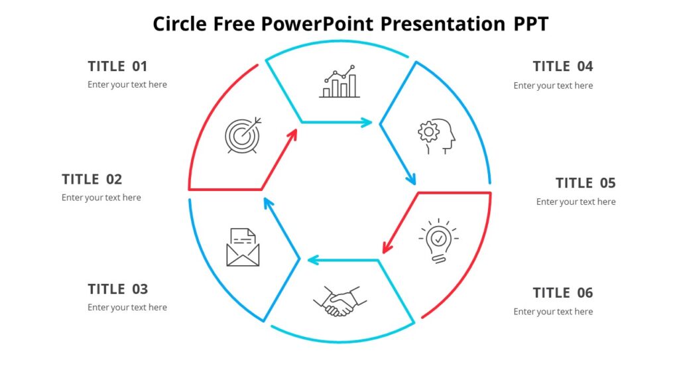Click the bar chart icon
339,82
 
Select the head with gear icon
437,137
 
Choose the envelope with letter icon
243,247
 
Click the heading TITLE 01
117,66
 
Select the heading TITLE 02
92,180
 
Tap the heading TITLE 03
118,289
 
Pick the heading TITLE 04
563,66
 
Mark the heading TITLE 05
586,183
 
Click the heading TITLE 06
563,293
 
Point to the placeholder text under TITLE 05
576,202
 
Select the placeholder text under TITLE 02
101,198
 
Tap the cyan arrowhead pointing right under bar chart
367,122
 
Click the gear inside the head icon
428,132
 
